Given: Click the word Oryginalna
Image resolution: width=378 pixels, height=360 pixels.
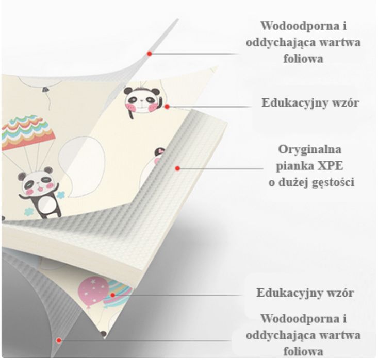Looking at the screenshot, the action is [310, 150].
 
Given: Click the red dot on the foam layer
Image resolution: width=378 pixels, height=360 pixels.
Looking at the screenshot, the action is [178, 168].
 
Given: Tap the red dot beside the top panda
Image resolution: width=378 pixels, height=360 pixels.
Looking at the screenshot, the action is [167, 106].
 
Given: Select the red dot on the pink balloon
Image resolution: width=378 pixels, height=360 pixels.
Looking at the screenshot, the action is [112, 295].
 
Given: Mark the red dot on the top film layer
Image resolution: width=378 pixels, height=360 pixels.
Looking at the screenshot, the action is [150, 54].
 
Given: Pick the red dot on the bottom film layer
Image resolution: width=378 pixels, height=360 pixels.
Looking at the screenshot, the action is [59, 340].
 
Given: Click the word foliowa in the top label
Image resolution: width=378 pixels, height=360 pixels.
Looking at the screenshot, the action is [303, 59].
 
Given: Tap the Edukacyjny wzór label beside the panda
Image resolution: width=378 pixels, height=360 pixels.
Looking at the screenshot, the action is [310, 103].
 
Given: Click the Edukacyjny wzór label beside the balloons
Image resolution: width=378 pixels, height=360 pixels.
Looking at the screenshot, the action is [305, 293].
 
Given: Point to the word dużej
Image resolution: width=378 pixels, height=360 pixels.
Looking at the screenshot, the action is [293, 183].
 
